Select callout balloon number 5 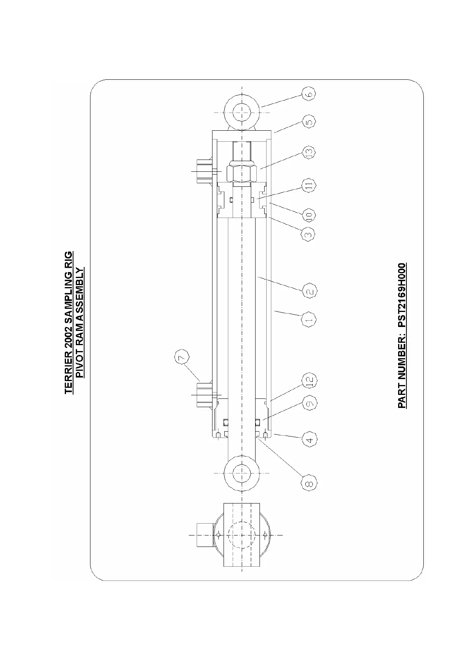[310, 122]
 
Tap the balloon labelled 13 [309, 152]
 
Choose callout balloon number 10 [309, 215]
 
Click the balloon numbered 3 [309, 234]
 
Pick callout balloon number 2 [309, 291]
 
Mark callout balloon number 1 [309, 319]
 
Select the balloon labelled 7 [181, 358]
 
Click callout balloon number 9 [309, 403]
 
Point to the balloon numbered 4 [309, 440]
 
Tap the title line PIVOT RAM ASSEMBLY [80, 323]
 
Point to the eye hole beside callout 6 [241, 113]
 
